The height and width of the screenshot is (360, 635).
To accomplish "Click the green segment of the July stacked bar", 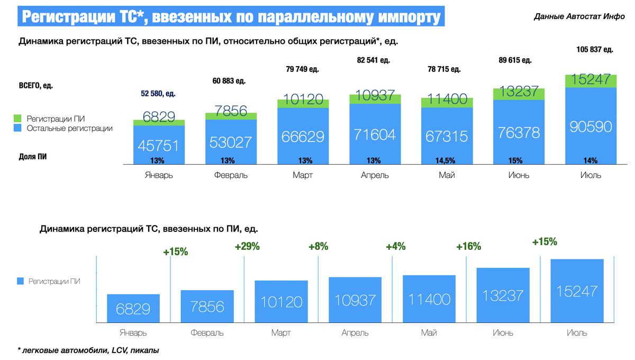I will (591, 80).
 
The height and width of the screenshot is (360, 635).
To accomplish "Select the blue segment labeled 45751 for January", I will (159, 145).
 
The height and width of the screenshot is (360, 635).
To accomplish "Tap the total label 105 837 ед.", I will (594, 50).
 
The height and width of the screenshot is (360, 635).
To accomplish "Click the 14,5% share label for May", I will (443, 160).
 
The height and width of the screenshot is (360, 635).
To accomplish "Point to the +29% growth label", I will (247, 246).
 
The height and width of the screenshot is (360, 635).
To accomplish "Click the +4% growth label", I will (396, 246).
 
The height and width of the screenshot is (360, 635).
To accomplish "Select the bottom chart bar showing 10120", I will (281, 302).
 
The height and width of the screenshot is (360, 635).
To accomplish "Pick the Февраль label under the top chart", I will (231, 175).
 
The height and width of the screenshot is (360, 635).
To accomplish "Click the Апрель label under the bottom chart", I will (355, 333).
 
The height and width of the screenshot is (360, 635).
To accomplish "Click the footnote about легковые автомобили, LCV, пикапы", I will (88, 350).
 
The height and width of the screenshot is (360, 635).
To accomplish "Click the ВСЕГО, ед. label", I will (36, 85).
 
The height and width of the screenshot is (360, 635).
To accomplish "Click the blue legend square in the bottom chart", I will (21, 282).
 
